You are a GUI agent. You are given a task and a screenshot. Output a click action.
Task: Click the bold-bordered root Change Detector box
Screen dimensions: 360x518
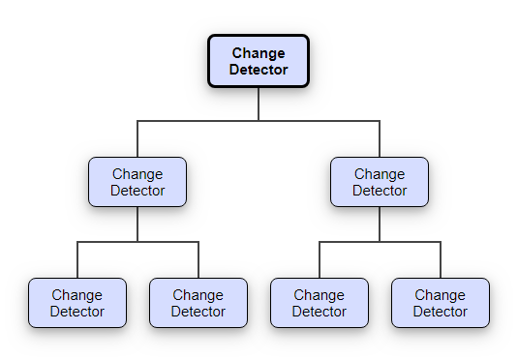pyautogui.click(x=259, y=61)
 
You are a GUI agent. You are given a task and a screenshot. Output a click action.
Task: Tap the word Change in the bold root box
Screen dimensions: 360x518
pyautogui.click(x=259, y=53)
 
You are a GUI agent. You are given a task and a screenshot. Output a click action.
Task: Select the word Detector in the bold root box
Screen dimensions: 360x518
pyautogui.click(x=259, y=70)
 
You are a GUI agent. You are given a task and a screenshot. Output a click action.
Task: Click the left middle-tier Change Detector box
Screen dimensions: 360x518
pyautogui.click(x=137, y=182)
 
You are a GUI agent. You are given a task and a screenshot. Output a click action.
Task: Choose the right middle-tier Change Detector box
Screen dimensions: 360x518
pyautogui.click(x=380, y=182)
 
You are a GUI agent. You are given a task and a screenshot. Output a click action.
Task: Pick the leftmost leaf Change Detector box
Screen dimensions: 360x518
pyautogui.click(x=77, y=303)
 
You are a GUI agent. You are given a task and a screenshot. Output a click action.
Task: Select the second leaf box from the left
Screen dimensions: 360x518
pyautogui.click(x=198, y=303)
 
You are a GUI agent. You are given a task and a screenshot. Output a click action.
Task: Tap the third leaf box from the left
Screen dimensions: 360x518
pyautogui.click(x=320, y=303)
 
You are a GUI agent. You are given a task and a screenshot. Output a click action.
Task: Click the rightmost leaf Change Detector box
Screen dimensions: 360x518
pyautogui.click(x=441, y=303)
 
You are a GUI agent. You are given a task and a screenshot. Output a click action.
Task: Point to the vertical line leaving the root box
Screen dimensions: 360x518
pyautogui.click(x=259, y=105)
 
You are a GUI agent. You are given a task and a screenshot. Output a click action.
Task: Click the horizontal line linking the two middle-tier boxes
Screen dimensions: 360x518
pyautogui.click(x=259, y=121)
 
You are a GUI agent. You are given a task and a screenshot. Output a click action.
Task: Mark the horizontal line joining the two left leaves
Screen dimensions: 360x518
pyautogui.click(x=137, y=242)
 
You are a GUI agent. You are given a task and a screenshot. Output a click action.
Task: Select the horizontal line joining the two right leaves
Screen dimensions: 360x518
pyautogui.click(x=380, y=242)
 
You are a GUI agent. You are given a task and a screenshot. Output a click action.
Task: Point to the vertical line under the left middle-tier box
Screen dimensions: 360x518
pyautogui.click(x=137, y=225)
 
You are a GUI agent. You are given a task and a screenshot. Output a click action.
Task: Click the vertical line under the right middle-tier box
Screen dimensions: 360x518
pyautogui.click(x=380, y=225)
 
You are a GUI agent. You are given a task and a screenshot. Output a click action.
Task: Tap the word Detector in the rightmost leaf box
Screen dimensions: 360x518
pyautogui.click(x=441, y=312)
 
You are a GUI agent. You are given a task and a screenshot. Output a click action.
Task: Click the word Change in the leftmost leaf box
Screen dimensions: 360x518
pyautogui.click(x=77, y=295)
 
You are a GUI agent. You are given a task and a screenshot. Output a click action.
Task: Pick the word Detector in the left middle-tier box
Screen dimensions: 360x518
pyautogui.click(x=137, y=191)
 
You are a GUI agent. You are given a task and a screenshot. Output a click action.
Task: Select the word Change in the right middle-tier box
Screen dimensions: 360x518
pyautogui.click(x=380, y=174)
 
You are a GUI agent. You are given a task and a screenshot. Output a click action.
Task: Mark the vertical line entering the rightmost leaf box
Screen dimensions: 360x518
pyautogui.click(x=441, y=261)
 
